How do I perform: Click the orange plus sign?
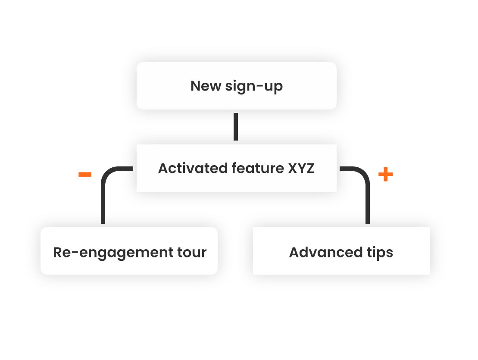click(x=385, y=175)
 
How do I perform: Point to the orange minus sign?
click(x=84, y=174)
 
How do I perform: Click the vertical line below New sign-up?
click(x=236, y=127)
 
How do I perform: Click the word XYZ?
click(x=301, y=168)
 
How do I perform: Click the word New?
click(x=206, y=86)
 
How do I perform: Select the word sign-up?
click(x=254, y=86)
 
